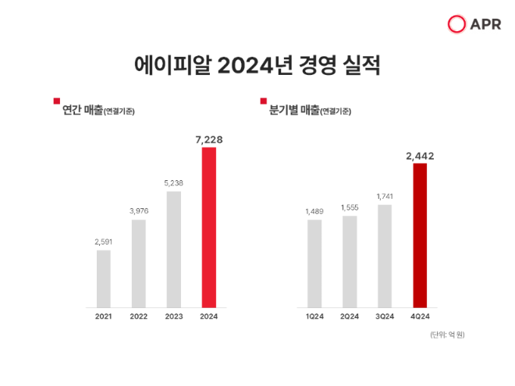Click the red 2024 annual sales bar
208,227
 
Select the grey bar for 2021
103,278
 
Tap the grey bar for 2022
138,263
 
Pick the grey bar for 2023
173,249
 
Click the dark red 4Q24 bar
420,235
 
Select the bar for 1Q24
314,263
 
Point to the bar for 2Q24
350,261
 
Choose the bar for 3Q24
385,256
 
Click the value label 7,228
208,139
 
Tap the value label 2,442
420,155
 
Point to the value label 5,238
173,183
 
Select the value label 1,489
314,211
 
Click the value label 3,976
138,211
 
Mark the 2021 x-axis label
103,316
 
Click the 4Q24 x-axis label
420,316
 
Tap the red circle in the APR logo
456,24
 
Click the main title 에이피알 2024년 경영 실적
257,66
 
